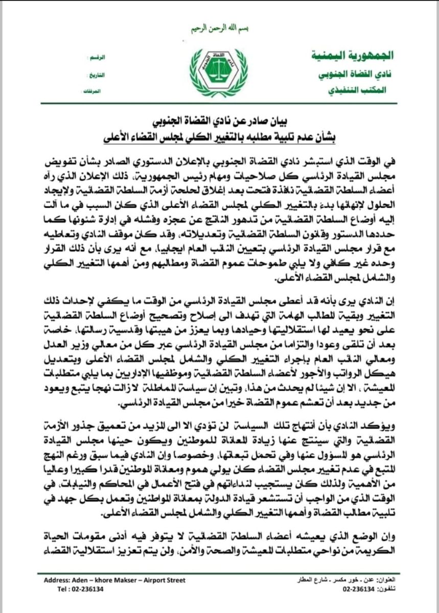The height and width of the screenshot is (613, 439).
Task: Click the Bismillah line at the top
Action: pos(219,29)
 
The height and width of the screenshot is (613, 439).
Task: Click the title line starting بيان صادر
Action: pos(219,123)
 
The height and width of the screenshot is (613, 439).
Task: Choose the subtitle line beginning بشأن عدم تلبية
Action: pos(219,138)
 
